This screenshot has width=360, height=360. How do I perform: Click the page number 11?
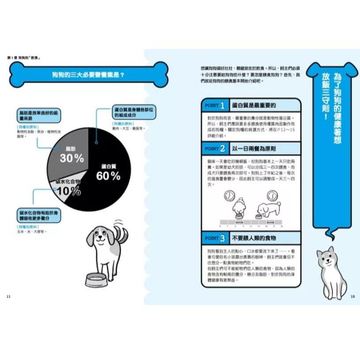pyautogui.click(x=9, y=296)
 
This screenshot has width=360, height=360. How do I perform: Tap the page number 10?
pyautogui.click(x=352, y=296)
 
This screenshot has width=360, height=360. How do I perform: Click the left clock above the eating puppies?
pyautogui.click(x=229, y=195)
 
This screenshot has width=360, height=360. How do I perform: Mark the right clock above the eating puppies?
pyautogui.click(x=272, y=195)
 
